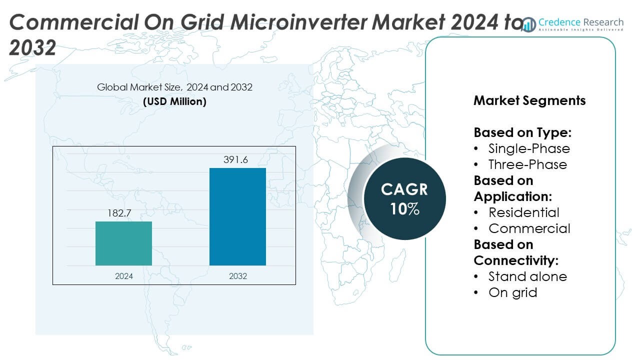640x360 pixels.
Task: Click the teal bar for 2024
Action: (x=123, y=243)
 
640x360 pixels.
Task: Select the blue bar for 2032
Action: (x=237, y=216)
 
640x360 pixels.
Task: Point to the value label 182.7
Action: (x=120, y=213)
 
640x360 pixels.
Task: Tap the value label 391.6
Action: (x=235, y=160)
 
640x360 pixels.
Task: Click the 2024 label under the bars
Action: (x=123, y=276)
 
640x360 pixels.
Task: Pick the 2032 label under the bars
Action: (x=237, y=276)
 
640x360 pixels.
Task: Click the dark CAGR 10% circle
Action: (x=404, y=198)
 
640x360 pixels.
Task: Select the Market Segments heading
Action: (x=529, y=100)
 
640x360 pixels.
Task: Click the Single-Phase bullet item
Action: (x=529, y=148)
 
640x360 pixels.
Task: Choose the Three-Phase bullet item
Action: (x=527, y=164)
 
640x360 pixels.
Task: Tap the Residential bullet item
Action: (x=523, y=212)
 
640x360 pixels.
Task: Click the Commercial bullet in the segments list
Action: (x=529, y=228)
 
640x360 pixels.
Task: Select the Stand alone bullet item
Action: (x=527, y=276)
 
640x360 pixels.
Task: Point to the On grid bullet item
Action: (x=512, y=292)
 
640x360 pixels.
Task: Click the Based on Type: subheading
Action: (x=522, y=132)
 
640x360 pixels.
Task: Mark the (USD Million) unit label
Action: (x=174, y=101)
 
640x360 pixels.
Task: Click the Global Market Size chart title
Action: (x=174, y=87)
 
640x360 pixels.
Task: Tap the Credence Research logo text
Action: (x=580, y=22)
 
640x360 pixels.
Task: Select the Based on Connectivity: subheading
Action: (x=515, y=252)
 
